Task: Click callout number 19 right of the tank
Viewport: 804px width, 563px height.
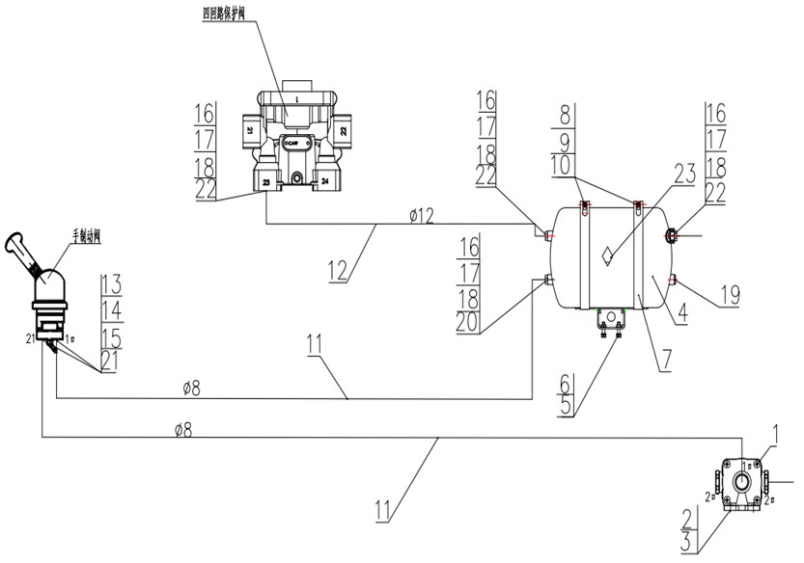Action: click(729, 294)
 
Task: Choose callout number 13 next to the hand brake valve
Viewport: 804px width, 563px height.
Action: click(110, 283)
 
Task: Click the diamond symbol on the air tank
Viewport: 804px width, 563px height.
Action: click(604, 254)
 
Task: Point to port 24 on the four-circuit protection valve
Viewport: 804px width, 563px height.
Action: click(324, 179)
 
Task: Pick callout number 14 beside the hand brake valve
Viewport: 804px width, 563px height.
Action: click(110, 308)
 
